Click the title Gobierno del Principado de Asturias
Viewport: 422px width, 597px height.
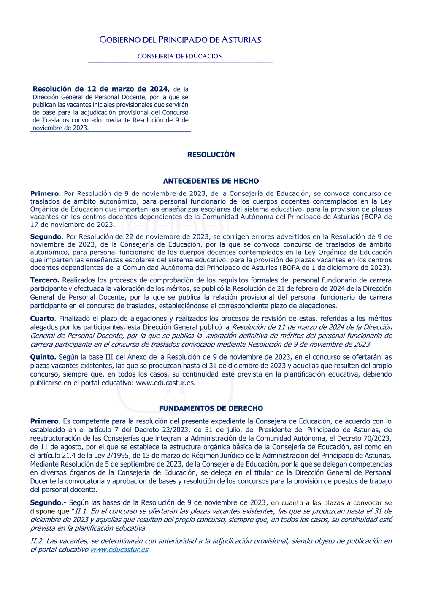[x=180, y=40]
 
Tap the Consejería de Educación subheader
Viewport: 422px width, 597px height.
[x=180, y=56]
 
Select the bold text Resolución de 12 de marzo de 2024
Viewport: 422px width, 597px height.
[x=101, y=89]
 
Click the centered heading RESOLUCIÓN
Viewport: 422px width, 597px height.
[x=211, y=155]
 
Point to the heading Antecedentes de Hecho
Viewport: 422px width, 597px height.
[x=211, y=181]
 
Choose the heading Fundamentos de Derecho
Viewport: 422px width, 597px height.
[x=211, y=408]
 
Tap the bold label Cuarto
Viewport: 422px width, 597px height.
[x=42, y=318]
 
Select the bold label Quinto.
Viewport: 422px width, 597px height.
[x=43, y=357]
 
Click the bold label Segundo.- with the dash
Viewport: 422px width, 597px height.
[x=48, y=502]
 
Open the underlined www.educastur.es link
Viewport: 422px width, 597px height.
[x=119, y=550]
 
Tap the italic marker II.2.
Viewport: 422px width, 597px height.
[x=37, y=541]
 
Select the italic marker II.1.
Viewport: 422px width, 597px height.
[x=81, y=511]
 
